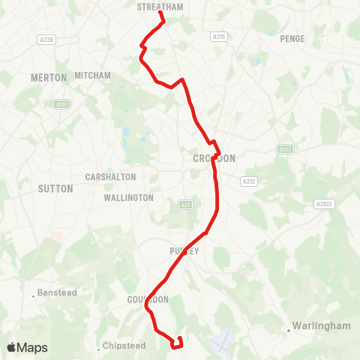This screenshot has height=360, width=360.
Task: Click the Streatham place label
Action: tap(160, 7)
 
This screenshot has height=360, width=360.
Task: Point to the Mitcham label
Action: tap(93, 76)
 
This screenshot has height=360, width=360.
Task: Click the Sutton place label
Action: tap(55, 188)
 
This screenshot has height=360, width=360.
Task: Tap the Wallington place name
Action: tap(129, 198)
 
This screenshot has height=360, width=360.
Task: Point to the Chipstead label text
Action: tap(124, 348)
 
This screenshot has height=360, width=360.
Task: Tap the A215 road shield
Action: tap(218, 36)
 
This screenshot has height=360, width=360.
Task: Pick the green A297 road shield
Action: tap(61, 105)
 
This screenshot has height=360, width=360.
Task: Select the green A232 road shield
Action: tap(283, 149)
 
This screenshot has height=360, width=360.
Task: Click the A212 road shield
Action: tap(249, 181)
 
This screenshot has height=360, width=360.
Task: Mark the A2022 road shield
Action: tap(323, 203)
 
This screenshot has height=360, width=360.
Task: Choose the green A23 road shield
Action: tap(185, 204)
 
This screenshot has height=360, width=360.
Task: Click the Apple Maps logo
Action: tap(27, 347)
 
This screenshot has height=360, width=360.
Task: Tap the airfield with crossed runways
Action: tap(221, 343)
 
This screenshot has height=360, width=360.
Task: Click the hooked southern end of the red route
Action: tap(178, 343)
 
